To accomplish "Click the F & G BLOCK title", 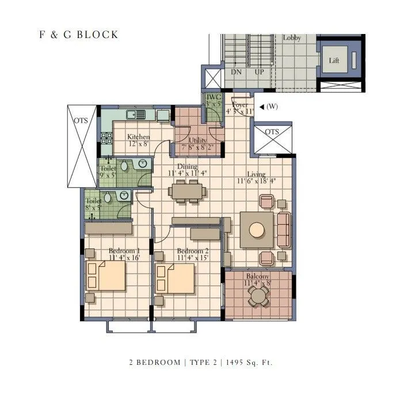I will [78, 35].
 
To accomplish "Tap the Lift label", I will [334, 60].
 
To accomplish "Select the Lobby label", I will [292, 38].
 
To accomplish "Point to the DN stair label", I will [236, 73].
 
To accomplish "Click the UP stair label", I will [259, 73].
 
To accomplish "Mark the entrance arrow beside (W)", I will [262, 107].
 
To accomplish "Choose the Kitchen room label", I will [138, 137].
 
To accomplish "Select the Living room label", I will [256, 174].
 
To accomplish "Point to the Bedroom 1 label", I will [124, 251].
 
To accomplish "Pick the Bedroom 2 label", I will [192, 251].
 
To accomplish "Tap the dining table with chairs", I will [186, 190].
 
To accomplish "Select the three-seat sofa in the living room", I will [283, 229].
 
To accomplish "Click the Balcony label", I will [257, 276].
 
